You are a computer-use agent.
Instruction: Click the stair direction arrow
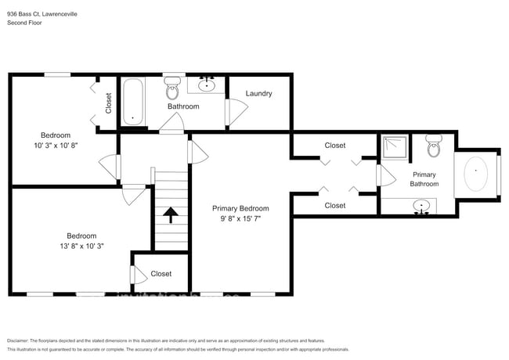click(x=171, y=212)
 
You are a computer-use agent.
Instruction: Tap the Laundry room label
click(x=258, y=94)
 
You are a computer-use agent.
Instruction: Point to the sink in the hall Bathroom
click(x=208, y=84)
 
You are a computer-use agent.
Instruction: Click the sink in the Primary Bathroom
click(x=423, y=207)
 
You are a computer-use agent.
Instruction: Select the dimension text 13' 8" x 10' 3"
click(x=81, y=247)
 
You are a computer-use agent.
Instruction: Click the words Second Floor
click(x=24, y=23)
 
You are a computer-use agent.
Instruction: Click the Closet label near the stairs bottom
click(x=161, y=274)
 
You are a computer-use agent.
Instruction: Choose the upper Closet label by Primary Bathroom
click(x=334, y=146)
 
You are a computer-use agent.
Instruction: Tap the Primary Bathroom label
click(x=424, y=178)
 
